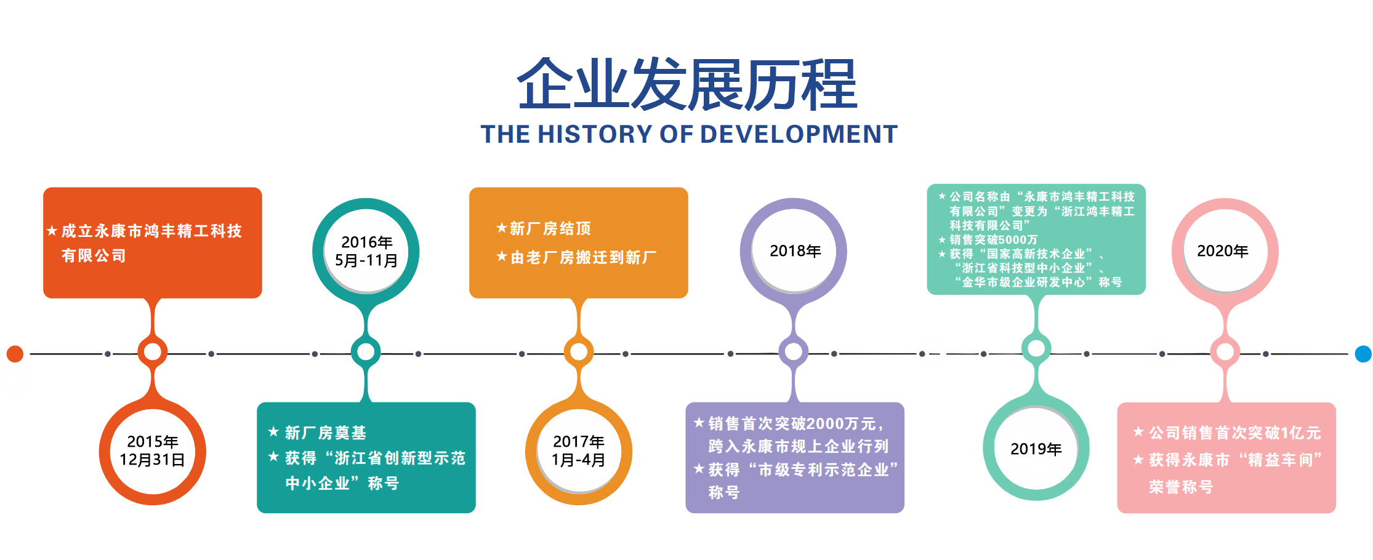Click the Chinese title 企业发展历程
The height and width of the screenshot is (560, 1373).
pos(687,84)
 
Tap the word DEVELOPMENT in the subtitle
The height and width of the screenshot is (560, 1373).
pos(799,134)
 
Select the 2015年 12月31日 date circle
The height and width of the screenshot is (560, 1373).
pos(153,452)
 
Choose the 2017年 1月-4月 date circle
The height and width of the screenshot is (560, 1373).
pos(579,452)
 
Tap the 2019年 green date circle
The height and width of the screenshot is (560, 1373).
pos(1036,448)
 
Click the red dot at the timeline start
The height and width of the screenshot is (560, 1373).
pos(15,354)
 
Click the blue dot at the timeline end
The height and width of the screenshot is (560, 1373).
pos(1363,354)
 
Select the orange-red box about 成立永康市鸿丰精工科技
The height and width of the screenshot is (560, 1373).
pos(153,242)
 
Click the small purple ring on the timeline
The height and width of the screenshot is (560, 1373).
pos(794,351)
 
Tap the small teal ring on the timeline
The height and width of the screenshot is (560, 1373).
pos(366,351)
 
